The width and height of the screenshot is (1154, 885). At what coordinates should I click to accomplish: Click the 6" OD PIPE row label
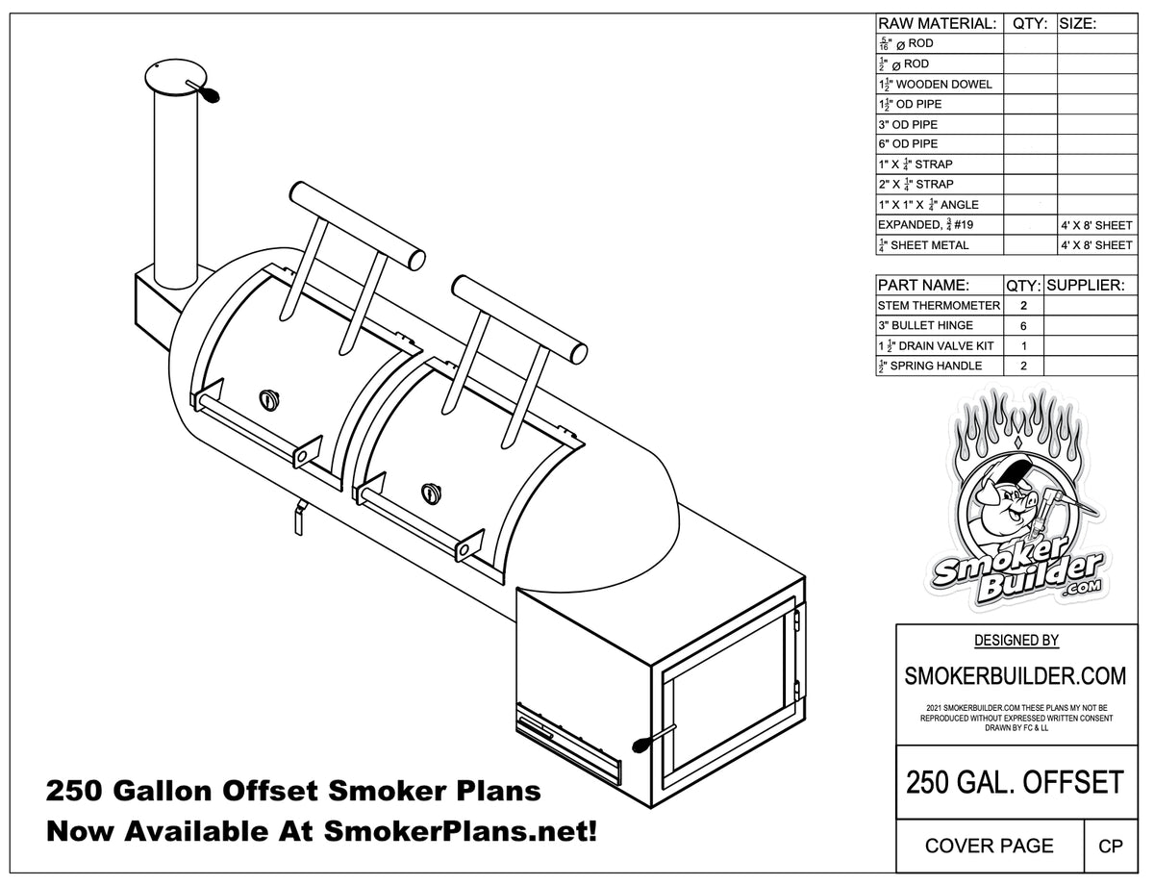907,144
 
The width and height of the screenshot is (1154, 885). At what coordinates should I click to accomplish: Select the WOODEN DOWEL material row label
935,84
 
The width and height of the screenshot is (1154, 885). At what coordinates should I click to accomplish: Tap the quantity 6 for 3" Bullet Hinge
1023,325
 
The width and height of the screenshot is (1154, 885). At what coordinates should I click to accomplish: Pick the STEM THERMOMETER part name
939,305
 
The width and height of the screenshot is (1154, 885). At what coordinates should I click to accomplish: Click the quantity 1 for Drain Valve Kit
1023,345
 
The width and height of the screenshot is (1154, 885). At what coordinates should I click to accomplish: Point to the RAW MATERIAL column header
938,24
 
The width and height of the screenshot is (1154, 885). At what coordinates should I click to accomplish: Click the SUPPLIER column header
1085,286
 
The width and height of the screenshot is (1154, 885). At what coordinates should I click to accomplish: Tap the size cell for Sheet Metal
1096,245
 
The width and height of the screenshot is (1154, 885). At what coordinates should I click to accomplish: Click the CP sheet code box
1111,846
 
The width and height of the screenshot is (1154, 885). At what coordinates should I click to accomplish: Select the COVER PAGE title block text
989,846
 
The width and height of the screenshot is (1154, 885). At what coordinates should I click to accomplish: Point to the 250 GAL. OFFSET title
1015,781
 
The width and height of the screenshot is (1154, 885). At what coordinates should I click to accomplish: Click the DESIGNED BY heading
1016,640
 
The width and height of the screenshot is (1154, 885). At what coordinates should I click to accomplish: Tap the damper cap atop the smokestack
176,76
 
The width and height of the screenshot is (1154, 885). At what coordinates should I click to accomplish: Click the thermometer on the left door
267,399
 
